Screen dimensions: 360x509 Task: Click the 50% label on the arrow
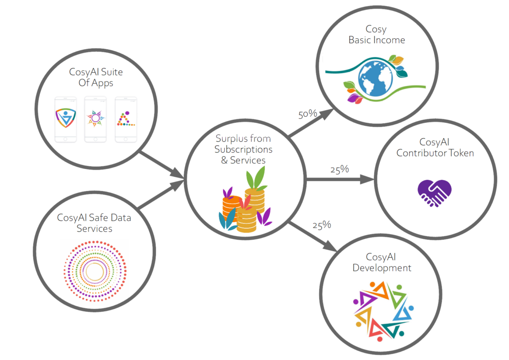point(307,114)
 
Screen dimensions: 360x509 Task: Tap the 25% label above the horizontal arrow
point(339,169)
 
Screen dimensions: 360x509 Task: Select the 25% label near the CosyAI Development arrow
point(321,225)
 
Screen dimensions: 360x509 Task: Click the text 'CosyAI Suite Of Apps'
point(96,77)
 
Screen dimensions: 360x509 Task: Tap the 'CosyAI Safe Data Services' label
point(94,223)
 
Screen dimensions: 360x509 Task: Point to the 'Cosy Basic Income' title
point(376,35)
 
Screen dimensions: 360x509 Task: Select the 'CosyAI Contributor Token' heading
point(435,148)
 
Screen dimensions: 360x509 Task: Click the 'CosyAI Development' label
point(382,262)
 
